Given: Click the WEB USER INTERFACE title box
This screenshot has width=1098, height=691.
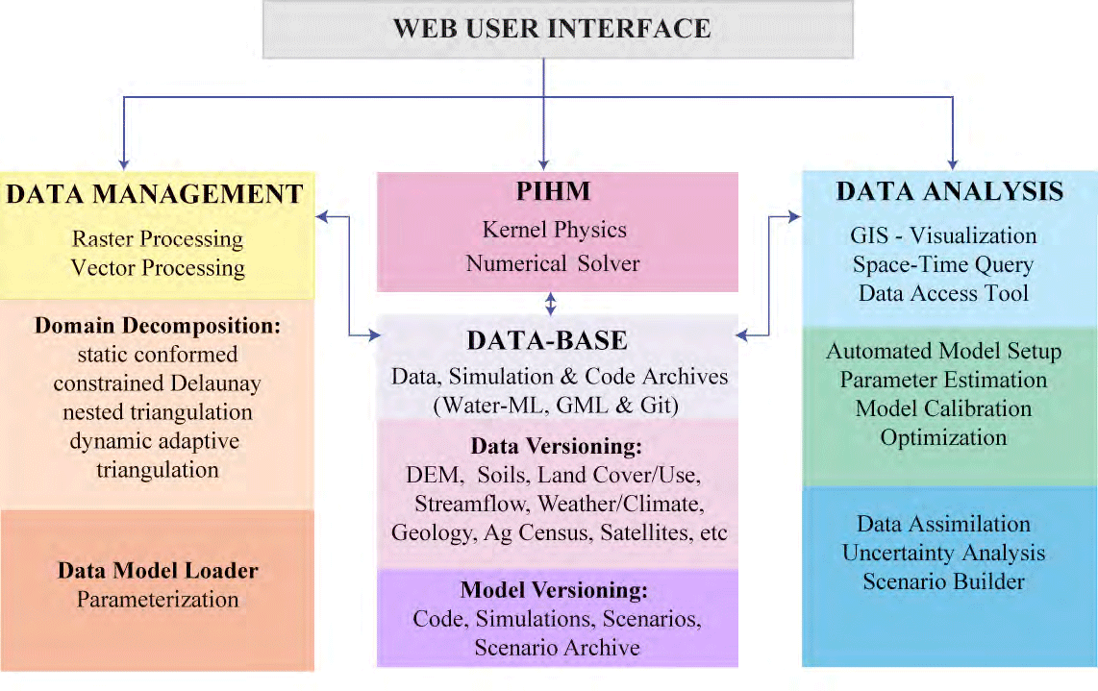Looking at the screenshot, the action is (558, 29).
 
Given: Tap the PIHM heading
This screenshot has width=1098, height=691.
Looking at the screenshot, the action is (553, 191).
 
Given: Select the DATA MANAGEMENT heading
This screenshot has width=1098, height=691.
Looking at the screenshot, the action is (155, 194).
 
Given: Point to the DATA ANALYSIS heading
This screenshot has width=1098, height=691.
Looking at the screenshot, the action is (950, 191).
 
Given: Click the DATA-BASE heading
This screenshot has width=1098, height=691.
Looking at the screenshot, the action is (548, 340).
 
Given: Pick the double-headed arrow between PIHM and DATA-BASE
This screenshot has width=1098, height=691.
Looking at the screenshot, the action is (551, 304).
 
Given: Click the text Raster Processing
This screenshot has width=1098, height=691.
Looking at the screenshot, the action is (158, 239).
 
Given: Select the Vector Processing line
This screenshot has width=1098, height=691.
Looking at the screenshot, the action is (158, 268).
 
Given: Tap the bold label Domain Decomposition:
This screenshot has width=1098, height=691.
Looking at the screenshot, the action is (158, 326).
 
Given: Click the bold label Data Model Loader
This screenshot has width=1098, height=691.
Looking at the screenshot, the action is (158, 571).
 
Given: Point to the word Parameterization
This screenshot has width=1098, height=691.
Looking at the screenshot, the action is (158, 600).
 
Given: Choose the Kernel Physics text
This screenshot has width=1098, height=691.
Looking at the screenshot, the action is (554, 231).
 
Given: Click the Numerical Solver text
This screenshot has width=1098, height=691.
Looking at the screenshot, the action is (553, 263).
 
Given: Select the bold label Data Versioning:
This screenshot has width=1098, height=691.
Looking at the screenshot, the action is (556, 446).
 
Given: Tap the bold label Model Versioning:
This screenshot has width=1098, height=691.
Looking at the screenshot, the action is (554, 590).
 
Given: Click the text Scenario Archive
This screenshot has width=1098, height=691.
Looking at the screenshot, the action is (558, 648).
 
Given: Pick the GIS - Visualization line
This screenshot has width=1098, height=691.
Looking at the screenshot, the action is (943, 235).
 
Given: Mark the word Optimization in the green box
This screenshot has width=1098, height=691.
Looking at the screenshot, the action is (943, 437).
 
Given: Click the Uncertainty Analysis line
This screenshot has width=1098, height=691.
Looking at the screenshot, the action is (943, 553).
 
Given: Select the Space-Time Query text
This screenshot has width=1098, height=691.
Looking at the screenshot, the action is (943, 264).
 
